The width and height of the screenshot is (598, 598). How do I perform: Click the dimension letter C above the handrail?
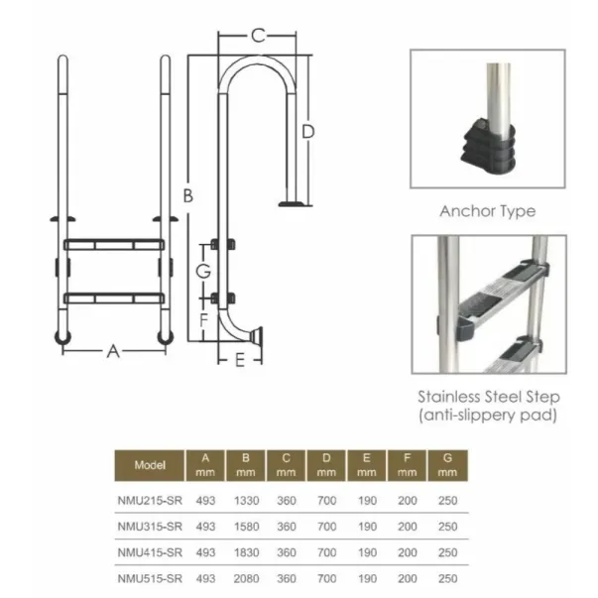pos(258,36)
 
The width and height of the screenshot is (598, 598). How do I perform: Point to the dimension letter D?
pos(308,132)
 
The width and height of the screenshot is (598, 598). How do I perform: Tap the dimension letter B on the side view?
pos(188,195)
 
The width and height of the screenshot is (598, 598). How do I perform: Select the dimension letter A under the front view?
pos(113,351)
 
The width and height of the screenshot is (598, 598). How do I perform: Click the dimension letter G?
pos(203,271)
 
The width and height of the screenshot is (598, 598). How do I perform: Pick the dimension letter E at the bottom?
pos(240,360)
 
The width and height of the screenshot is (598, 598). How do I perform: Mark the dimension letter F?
pos(203,320)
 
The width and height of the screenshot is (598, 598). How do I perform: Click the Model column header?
pos(150,465)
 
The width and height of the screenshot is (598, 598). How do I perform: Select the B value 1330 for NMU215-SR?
pos(246,501)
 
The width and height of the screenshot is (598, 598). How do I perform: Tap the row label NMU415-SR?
pos(150,552)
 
